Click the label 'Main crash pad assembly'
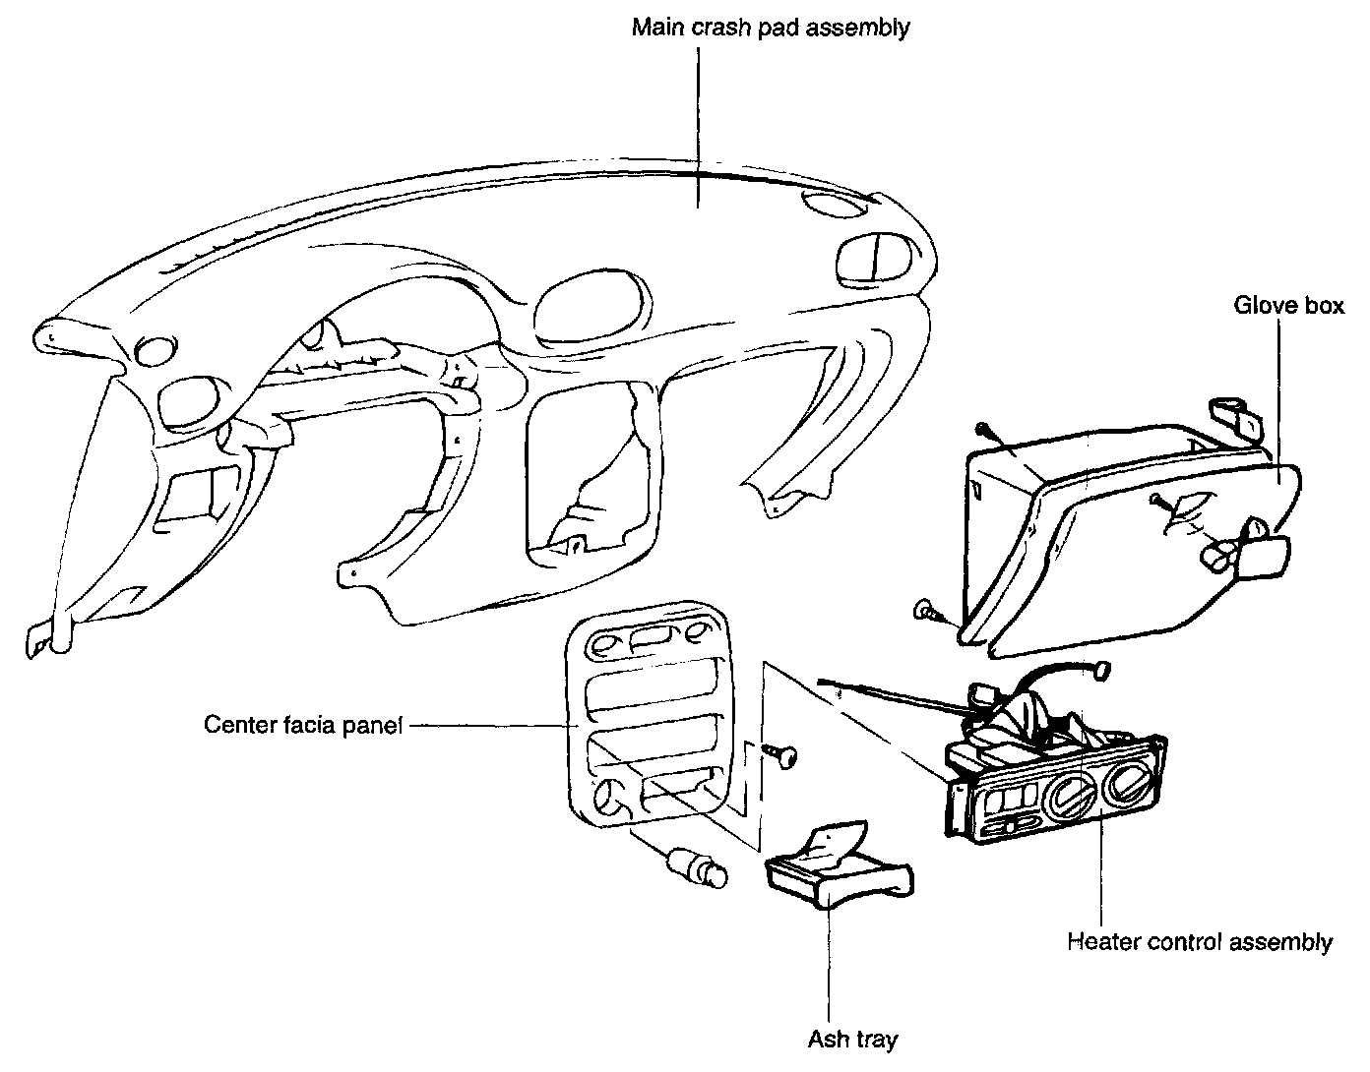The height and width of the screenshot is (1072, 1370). [770, 27]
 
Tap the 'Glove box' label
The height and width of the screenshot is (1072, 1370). [1288, 306]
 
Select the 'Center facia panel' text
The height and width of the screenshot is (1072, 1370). [303, 726]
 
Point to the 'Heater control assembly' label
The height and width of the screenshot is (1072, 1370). [1200, 942]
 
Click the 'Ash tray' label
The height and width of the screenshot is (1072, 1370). [853, 1039]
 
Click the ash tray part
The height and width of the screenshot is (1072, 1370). [837, 871]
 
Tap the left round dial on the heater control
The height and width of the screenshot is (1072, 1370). [1069, 793]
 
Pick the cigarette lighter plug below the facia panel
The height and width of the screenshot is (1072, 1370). [697, 865]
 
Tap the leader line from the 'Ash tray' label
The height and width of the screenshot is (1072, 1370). [829, 964]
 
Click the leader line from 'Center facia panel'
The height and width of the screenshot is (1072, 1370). [492, 726]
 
